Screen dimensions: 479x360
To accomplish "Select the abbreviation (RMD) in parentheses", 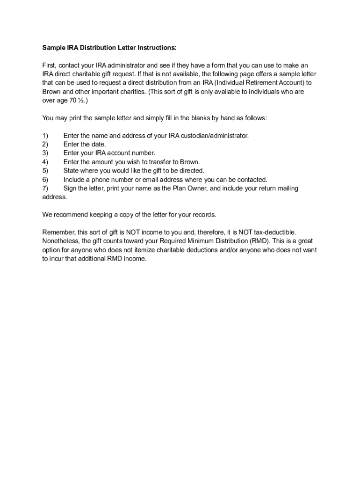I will coord(257,241).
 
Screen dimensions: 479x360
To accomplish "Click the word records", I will coord(204,215).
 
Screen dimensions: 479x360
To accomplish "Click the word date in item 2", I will coord(98,145).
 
